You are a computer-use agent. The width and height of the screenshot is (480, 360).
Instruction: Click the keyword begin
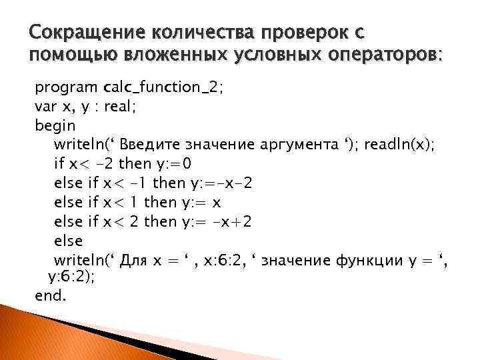pos(55,125)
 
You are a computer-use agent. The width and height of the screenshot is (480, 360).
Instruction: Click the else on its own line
pos(68,241)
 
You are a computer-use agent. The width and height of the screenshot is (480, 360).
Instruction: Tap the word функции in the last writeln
pos(354,260)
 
